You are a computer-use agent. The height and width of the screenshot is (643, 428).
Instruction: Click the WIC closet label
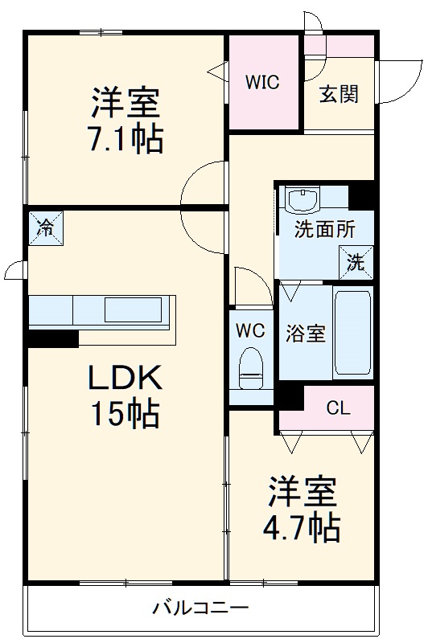click(262, 83)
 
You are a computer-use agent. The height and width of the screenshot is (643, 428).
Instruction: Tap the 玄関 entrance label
click(339, 94)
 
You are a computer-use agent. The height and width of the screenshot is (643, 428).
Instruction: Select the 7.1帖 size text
click(125, 140)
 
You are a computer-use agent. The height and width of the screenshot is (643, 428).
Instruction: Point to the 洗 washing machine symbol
click(355, 261)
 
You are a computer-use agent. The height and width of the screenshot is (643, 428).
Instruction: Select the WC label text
click(250, 330)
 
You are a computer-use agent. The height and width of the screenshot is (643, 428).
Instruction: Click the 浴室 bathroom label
click(307, 334)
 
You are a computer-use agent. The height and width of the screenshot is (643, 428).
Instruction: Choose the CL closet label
click(339, 408)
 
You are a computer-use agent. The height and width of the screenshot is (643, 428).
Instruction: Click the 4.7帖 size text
click(302, 528)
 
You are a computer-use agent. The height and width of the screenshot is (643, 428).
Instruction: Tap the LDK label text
click(125, 377)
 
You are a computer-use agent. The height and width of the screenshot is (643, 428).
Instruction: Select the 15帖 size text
click(125, 414)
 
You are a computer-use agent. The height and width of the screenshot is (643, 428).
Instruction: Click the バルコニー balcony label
click(200, 608)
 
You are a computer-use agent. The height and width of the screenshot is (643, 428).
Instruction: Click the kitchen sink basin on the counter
click(134, 308)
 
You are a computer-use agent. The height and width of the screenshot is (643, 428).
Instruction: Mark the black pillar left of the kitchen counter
click(52, 338)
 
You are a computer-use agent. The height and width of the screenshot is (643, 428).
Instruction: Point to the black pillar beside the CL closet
click(290, 397)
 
